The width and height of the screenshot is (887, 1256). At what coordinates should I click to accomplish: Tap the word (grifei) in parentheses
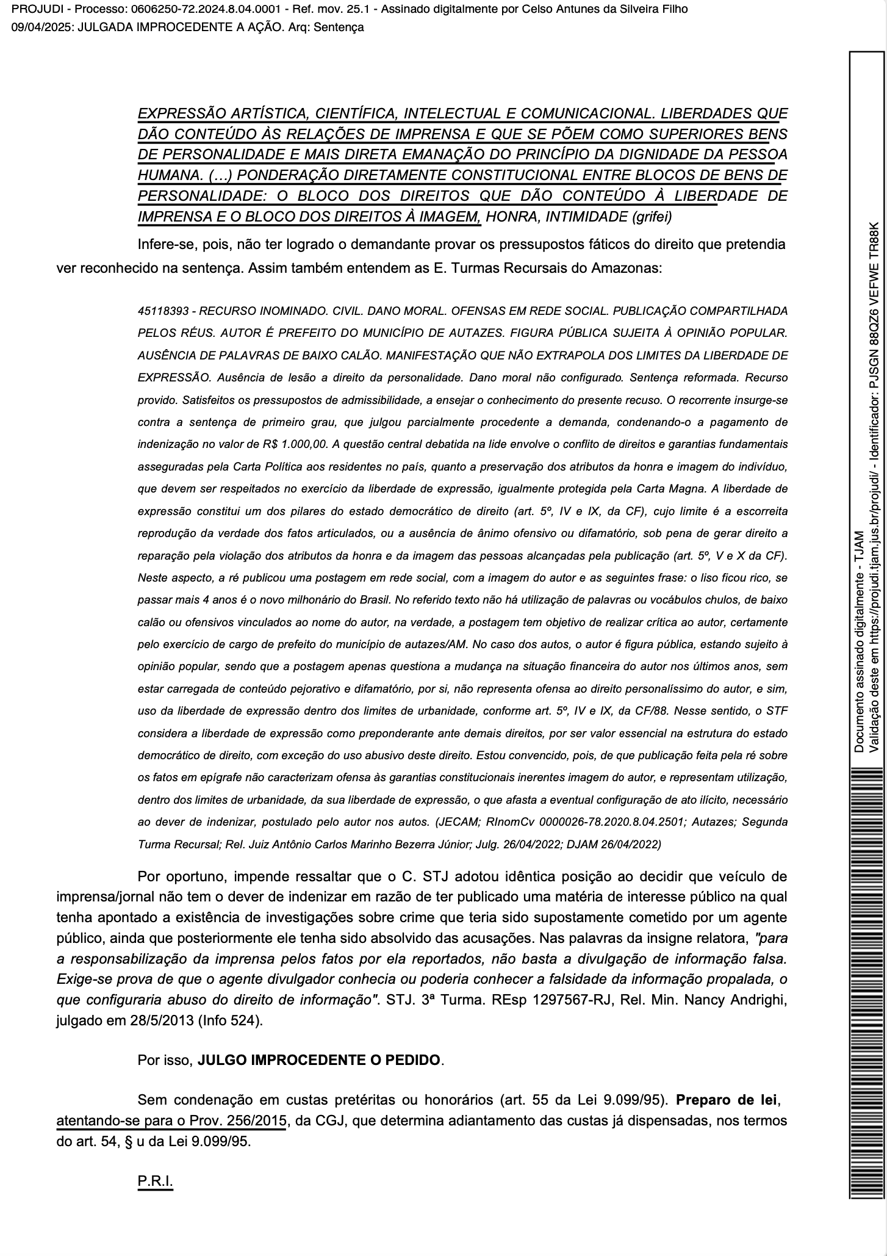[652, 216]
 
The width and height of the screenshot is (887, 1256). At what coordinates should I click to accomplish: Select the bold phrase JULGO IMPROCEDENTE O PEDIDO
[318, 1077]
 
